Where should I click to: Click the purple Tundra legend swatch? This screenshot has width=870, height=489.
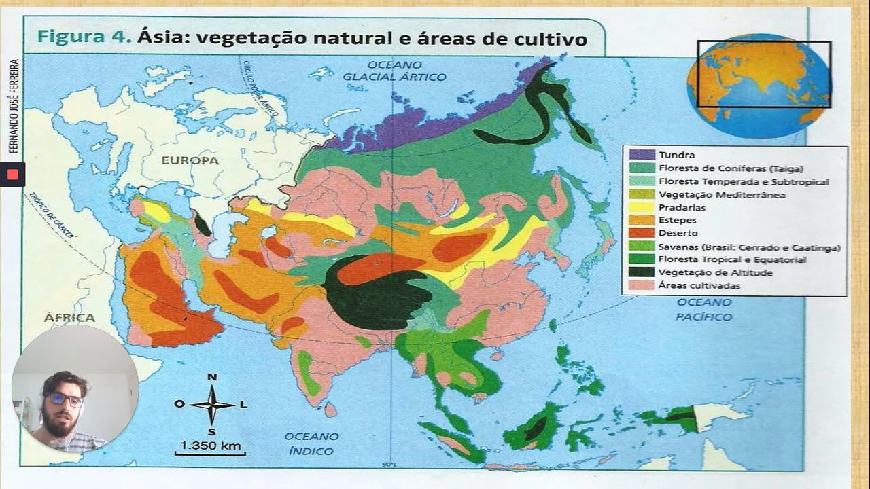(x=642, y=155)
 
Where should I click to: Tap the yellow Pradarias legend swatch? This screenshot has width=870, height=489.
(x=642, y=207)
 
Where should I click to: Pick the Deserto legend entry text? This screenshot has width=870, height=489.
(x=678, y=233)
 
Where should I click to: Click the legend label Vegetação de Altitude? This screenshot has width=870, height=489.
(x=716, y=272)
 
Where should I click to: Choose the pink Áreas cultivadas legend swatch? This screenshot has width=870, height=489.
(x=642, y=285)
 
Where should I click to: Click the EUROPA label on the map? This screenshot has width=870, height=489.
(x=190, y=161)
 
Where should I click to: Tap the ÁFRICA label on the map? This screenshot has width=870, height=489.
(x=69, y=317)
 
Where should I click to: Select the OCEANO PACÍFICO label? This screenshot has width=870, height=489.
(x=704, y=309)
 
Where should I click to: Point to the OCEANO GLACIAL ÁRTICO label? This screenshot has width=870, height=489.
(x=394, y=71)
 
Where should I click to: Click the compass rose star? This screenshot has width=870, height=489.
(x=212, y=404)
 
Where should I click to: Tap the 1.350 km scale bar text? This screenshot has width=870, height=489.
(x=210, y=446)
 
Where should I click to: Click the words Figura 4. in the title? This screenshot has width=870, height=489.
(x=84, y=38)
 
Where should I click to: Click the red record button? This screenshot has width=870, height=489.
(x=12, y=175)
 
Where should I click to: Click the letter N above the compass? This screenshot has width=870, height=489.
(x=212, y=378)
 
